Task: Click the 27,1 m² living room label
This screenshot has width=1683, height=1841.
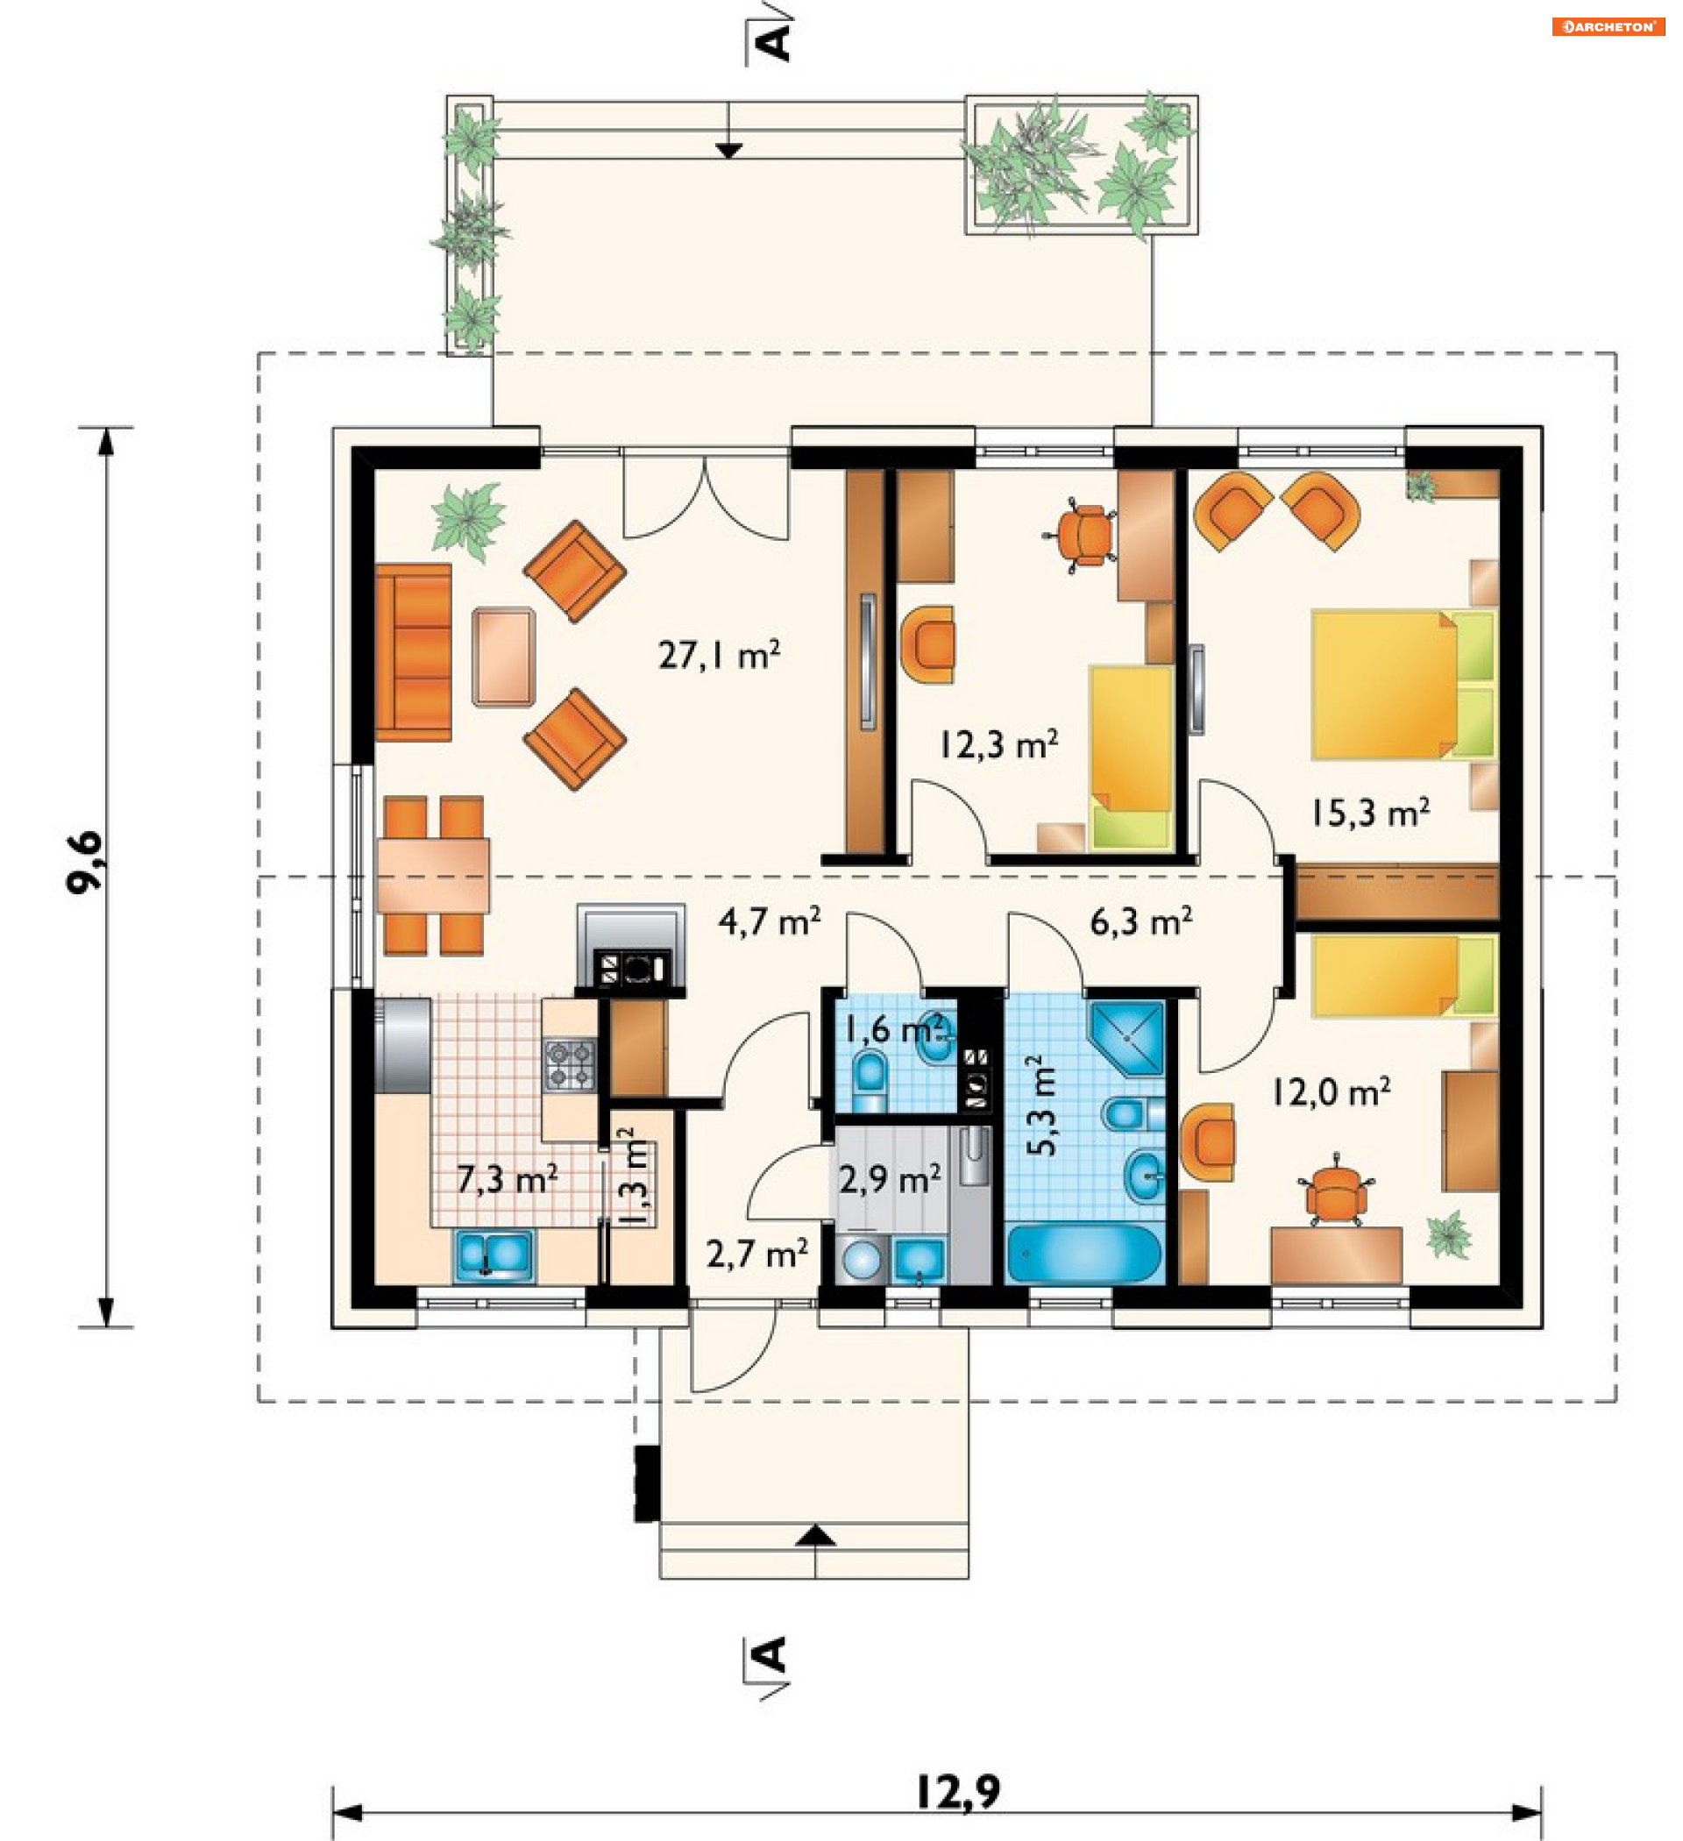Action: (720, 654)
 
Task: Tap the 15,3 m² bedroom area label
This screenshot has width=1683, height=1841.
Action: (1370, 812)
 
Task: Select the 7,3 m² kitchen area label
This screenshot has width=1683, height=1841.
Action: (507, 1179)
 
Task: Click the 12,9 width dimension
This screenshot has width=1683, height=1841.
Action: (958, 1792)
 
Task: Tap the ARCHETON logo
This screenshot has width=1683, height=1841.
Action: (1608, 26)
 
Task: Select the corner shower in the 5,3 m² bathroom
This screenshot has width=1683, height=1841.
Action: (1127, 1039)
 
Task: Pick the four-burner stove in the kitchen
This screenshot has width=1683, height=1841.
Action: (570, 1065)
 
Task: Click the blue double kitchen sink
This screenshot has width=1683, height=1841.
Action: (494, 1256)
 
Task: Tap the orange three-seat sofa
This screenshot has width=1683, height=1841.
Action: (414, 652)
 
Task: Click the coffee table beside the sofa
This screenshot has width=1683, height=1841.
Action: (503, 657)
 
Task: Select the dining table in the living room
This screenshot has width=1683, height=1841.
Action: (433, 875)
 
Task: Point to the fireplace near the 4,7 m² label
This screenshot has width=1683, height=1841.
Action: (630, 946)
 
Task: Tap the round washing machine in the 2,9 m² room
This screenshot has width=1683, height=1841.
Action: (861, 1261)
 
